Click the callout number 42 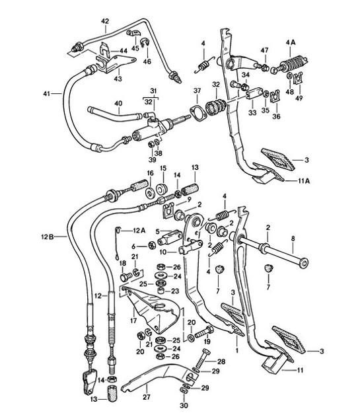[x=104, y=21]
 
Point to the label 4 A [x=290, y=43]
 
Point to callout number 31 [x=153, y=91]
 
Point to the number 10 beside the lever [x=161, y=252]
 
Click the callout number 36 [x=276, y=116]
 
